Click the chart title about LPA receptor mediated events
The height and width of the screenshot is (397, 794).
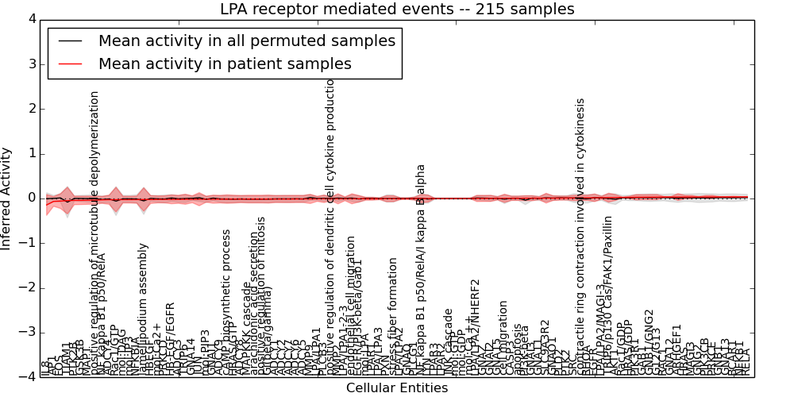(397, 9)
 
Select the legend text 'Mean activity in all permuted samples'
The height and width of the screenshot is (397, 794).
(246, 40)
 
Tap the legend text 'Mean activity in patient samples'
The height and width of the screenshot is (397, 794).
(225, 64)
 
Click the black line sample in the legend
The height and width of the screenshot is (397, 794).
(70, 40)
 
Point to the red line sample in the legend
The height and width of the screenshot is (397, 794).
(70, 64)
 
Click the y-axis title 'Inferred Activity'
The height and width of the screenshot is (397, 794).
(7, 198)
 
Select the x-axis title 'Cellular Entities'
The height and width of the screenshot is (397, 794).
(397, 388)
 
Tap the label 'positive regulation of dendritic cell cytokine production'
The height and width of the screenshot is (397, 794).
(331, 230)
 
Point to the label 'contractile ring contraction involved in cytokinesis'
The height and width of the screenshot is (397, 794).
(580, 238)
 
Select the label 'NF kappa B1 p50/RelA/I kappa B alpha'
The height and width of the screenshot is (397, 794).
(422, 270)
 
